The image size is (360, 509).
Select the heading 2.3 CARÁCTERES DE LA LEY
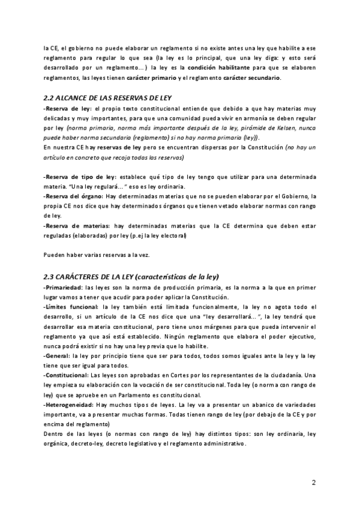[131, 277]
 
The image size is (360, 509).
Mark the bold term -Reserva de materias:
[76, 224]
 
